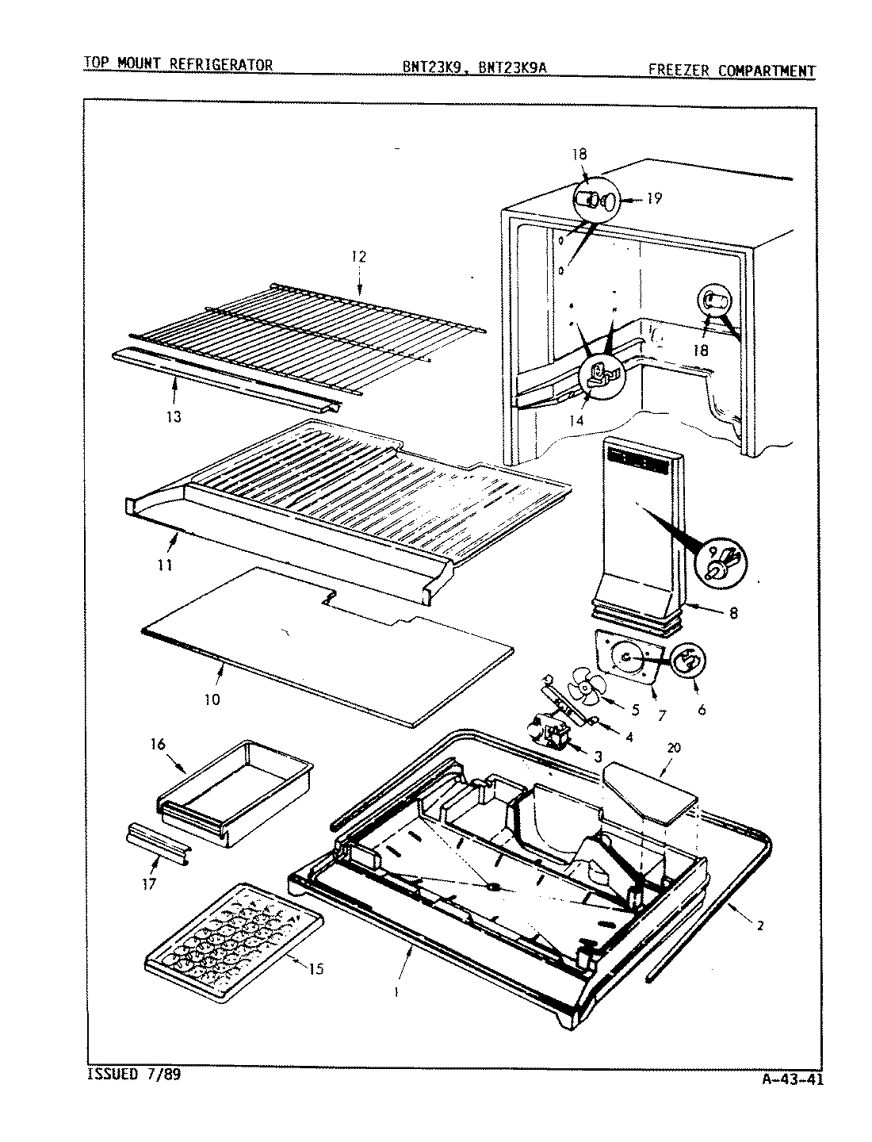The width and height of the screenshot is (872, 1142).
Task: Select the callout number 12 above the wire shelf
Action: pos(359,257)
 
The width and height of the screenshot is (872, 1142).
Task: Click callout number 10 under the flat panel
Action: pos(212,699)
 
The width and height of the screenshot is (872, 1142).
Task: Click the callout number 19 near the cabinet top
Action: pos(653,198)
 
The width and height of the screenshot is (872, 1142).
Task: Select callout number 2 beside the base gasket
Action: pos(759,925)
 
